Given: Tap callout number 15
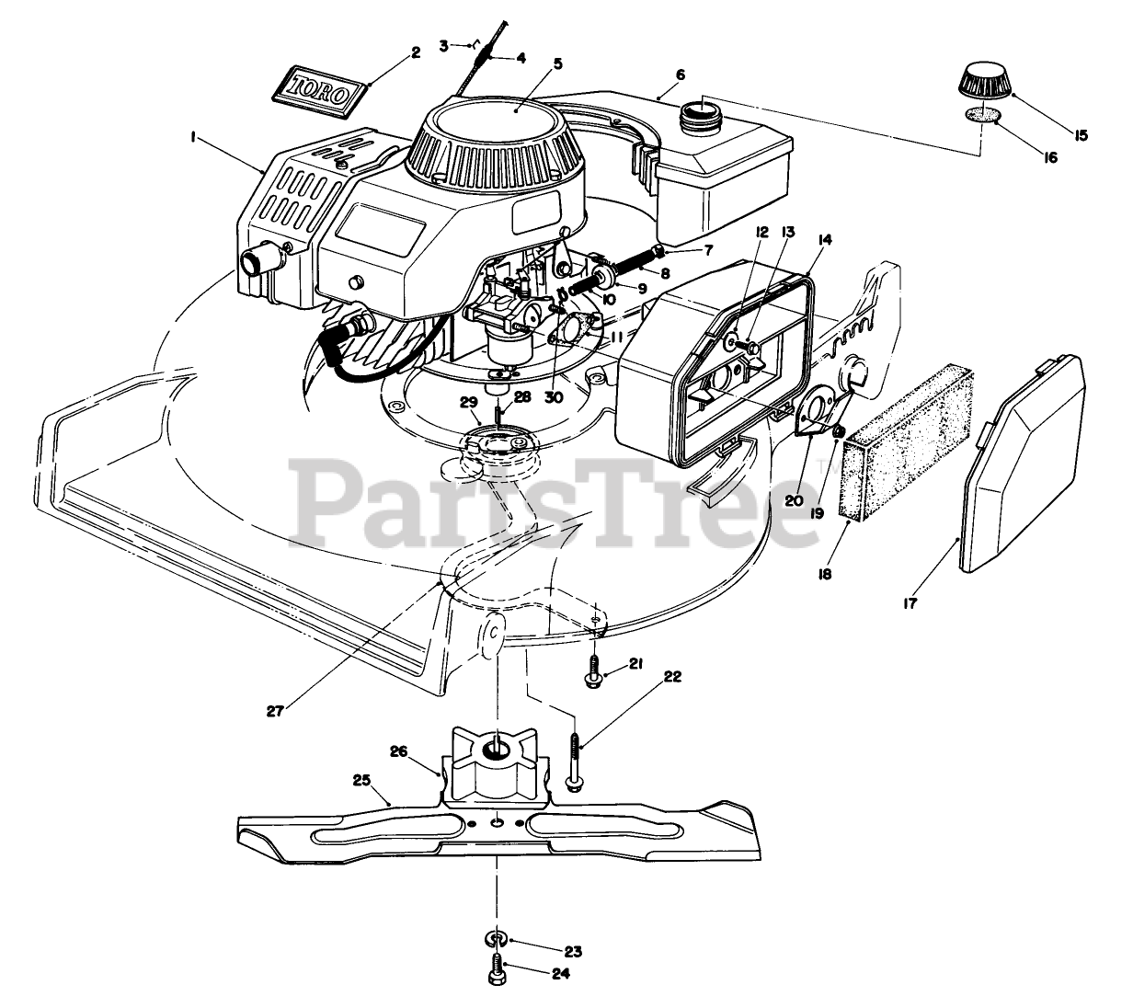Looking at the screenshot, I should click(x=1081, y=134).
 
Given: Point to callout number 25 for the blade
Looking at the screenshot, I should click(x=362, y=781).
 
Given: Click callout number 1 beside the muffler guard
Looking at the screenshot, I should click(x=193, y=136).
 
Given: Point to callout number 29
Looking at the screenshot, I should click(x=469, y=403).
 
